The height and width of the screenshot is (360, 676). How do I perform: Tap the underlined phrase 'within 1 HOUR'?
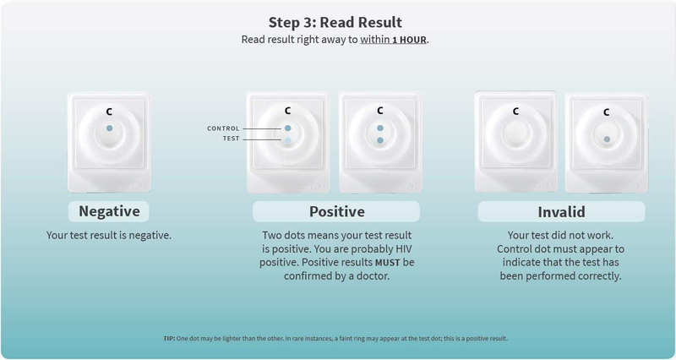pos(395,40)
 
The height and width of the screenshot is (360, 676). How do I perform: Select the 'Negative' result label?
pos(109,210)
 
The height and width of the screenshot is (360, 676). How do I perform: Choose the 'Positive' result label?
pos(336,211)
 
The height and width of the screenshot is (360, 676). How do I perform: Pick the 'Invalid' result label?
pos(561,211)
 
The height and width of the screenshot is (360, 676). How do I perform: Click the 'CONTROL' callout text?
pos(224,128)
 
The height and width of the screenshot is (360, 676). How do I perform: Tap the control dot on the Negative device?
pos(109,128)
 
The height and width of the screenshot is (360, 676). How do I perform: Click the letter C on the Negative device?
pos(109,111)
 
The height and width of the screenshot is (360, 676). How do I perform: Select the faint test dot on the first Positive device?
pos(287,142)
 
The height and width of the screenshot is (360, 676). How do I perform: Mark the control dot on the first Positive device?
pos(287,128)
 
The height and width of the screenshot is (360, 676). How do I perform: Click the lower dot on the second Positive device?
pos(380,140)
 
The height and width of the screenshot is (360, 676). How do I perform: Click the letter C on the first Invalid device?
pos(515,111)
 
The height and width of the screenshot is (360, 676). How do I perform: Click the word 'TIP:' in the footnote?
pos(169,338)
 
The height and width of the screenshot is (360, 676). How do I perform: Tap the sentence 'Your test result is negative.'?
pos(109,234)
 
